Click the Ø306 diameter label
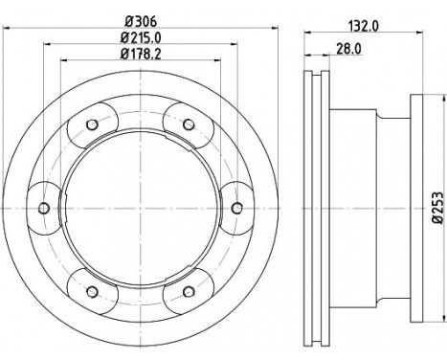click(141, 22)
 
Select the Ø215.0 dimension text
click(141, 38)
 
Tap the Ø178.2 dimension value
click(141, 55)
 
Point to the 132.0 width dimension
click(363, 26)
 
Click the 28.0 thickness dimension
click(348, 49)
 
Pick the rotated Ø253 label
click(437, 208)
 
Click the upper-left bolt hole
click(92, 124)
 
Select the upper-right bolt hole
click(189, 124)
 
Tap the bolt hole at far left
click(44, 209)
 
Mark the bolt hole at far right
click(236, 209)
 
